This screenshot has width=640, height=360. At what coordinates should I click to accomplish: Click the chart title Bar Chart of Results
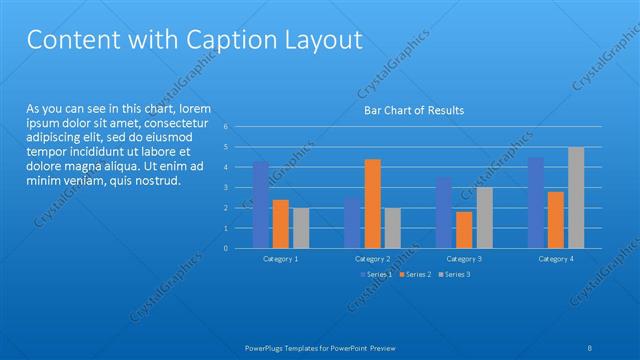coord(413,110)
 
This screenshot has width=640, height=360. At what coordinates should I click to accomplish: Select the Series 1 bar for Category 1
coord(261,205)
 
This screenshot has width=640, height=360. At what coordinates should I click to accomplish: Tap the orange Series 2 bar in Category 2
coord(372,203)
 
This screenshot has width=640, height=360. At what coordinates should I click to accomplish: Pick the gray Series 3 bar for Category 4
coord(576,198)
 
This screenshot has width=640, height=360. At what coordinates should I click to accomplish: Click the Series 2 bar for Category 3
coord(463,230)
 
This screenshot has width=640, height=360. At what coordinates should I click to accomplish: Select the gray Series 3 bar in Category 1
coord(301,228)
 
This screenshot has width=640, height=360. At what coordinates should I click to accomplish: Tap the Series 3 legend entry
coord(455,274)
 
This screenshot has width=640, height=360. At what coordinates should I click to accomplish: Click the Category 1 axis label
coord(281,259)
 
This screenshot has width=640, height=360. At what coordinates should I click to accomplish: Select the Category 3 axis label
coord(464,259)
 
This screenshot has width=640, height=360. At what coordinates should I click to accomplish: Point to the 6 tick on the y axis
coord(227,127)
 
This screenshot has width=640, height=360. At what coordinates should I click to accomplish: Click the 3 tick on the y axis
coord(227,188)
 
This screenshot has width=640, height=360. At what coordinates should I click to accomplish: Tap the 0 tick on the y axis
coord(227,248)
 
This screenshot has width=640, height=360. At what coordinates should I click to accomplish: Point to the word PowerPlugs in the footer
coord(267,348)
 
